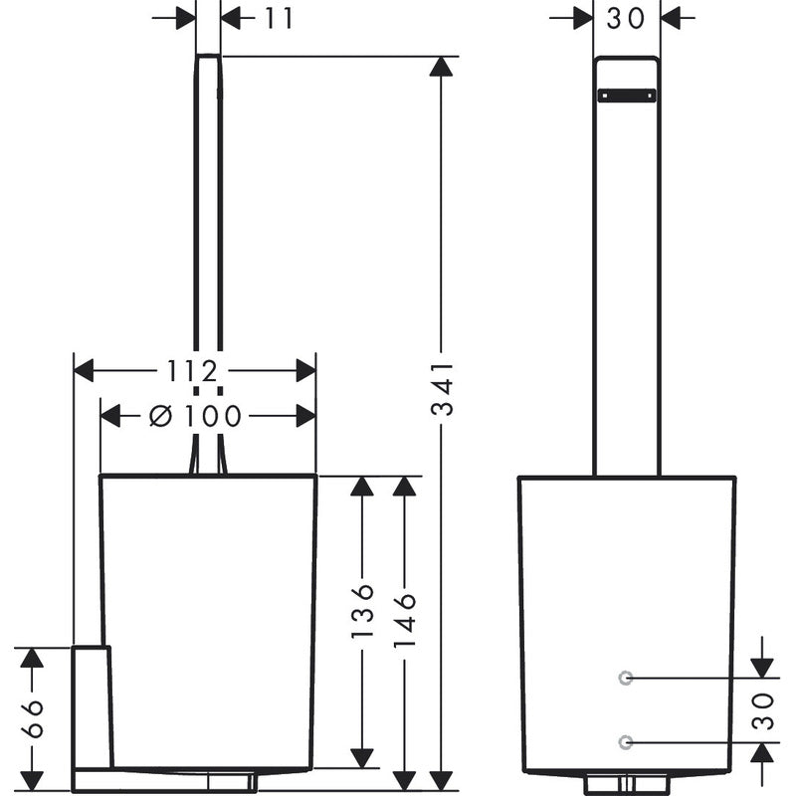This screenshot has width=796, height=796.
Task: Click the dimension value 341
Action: [x=444, y=388]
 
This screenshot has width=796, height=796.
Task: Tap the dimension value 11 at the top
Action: [x=280, y=18]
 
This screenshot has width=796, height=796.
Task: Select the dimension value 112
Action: [x=192, y=371]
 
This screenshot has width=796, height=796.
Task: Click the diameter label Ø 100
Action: [x=196, y=416]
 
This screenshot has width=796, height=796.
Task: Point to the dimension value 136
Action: [x=363, y=610]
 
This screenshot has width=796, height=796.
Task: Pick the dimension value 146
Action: [x=404, y=619]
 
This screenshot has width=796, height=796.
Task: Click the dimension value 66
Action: [x=32, y=718]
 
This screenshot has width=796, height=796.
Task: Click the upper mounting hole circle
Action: [x=625, y=678]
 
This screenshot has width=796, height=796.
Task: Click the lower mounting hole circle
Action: [x=625, y=742]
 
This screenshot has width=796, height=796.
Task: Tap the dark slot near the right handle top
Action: [x=626, y=96]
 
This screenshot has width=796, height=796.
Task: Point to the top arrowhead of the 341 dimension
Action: [x=443, y=67]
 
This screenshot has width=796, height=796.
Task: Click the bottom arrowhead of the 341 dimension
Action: [x=443, y=781]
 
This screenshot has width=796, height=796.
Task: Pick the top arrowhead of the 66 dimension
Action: [x=32, y=657]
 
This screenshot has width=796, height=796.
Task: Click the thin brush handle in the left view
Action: [x=208, y=249]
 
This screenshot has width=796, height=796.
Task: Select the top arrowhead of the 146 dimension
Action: [x=404, y=487]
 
